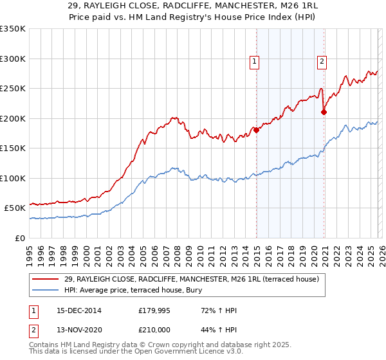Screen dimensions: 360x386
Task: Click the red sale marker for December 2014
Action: (256, 130)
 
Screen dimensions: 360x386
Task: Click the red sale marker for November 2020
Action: (324, 112)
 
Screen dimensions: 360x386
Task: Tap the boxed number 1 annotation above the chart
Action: (255, 62)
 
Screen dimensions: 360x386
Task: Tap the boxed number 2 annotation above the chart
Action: (321, 62)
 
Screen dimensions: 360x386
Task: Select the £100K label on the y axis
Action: (13, 178)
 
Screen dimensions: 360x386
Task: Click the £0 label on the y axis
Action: (19, 238)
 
